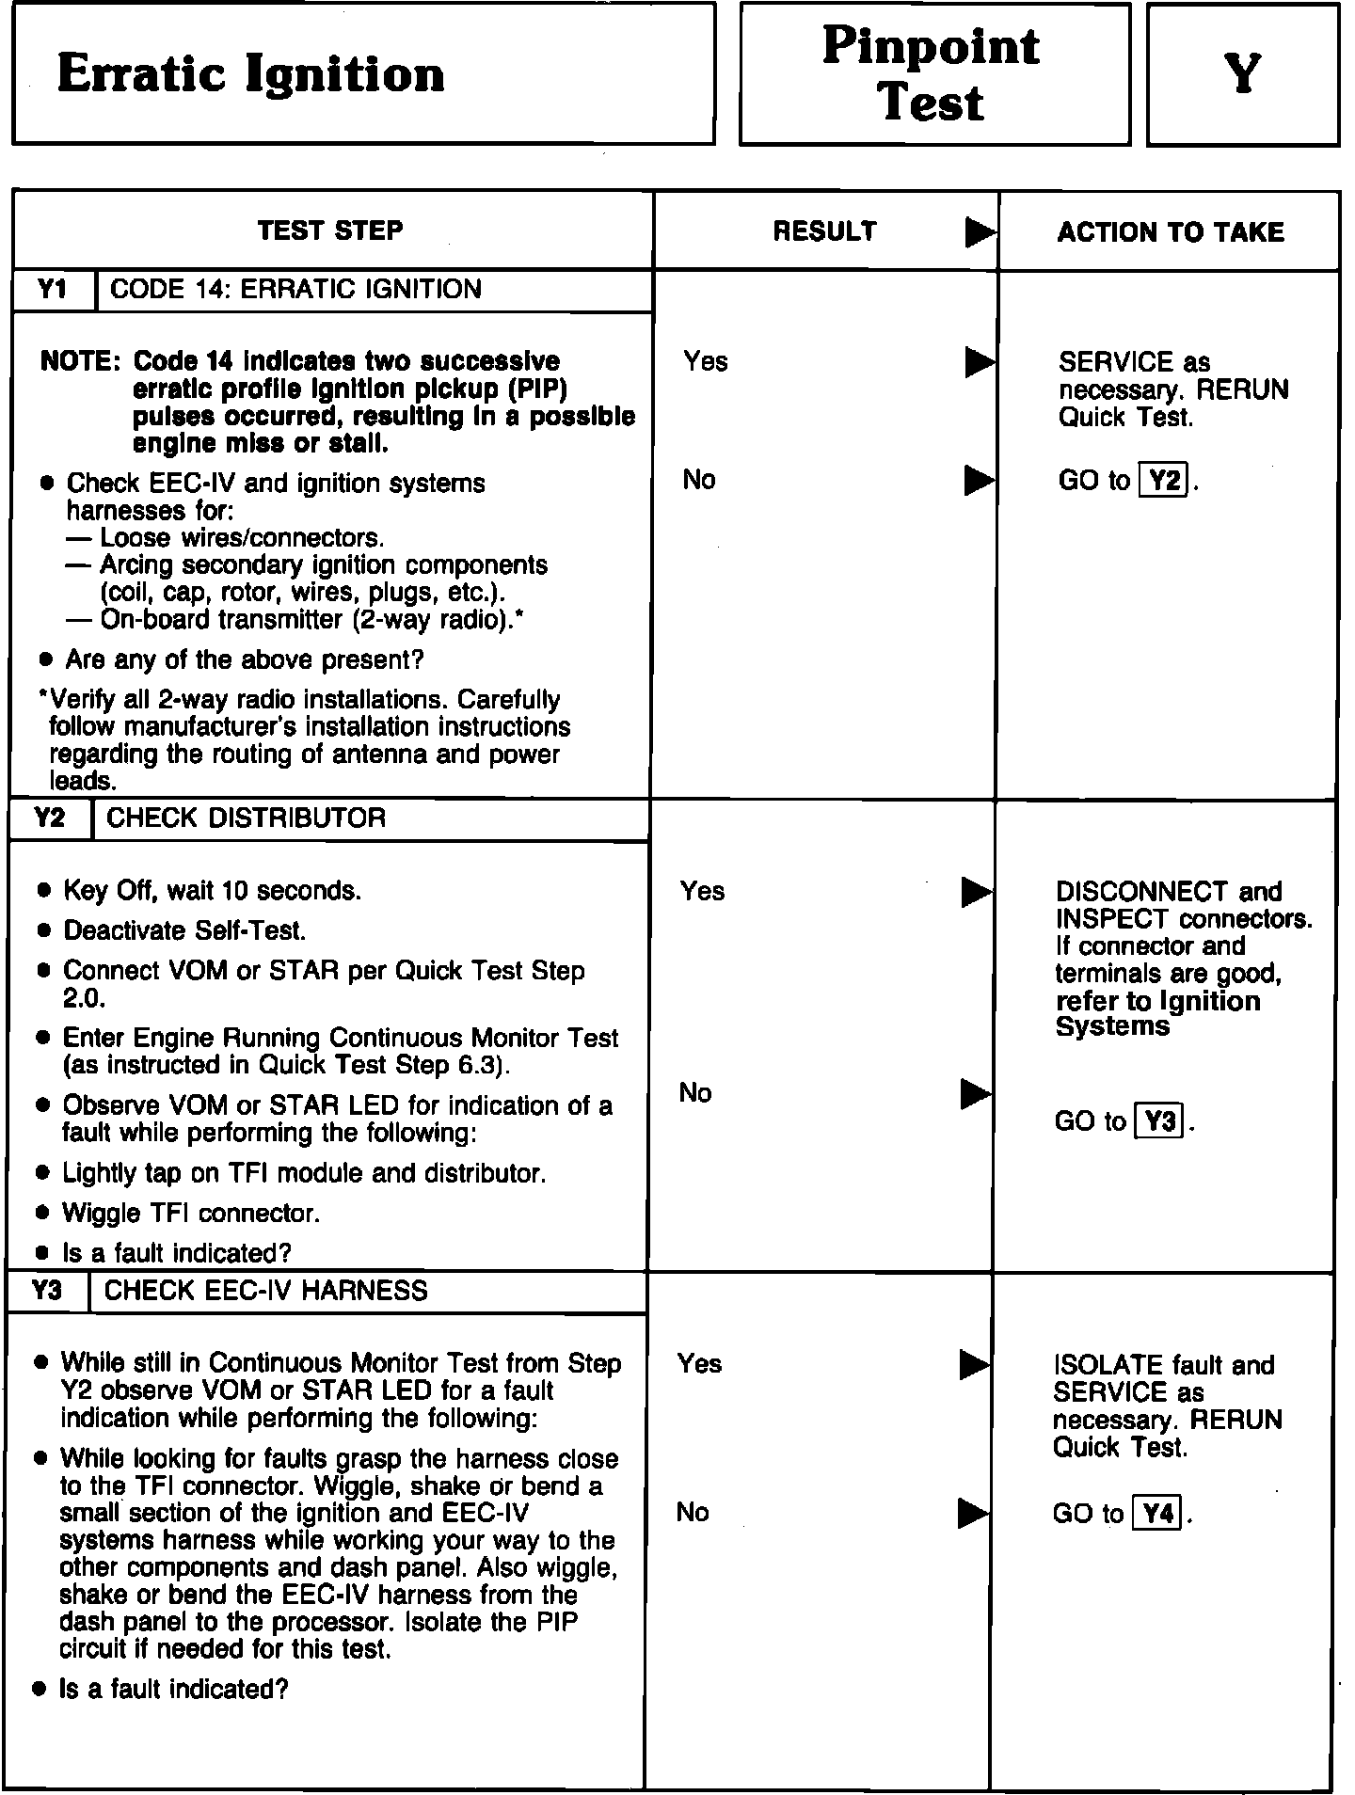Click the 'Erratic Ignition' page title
pyautogui.click(x=250, y=75)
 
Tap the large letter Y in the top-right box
pyautogui.click(x=1242, y=75)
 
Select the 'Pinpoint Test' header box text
pyautogui.click(x=932, y=73)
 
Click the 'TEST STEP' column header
pyautogui.click(x=330, y=230)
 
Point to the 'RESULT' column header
pyautogui.click(x=824, y=231)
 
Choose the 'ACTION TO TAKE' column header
pyautogui.click(x=1170, y=232)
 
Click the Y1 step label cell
pyautogui.click(x=53, y=290)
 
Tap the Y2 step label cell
pyautogui.click(x=49, y=818)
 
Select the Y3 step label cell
pyautogui.click(x=47, y=1291)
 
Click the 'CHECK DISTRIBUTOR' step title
pyautogui.click(x=247, y=818)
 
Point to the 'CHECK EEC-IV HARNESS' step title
pyautogui.click(x=266, y=1291)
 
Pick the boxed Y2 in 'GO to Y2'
pyautogui.click(x=1164, y=481)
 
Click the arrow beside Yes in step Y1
pyautogui.click(x=980, y=362)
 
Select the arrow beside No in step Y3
pyautogui.click(x=974, y=1514)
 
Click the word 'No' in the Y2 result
pyautogui.click(x=695, y=1093)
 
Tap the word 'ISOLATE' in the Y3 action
pyautogui.click(x=1108, y=1366)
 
